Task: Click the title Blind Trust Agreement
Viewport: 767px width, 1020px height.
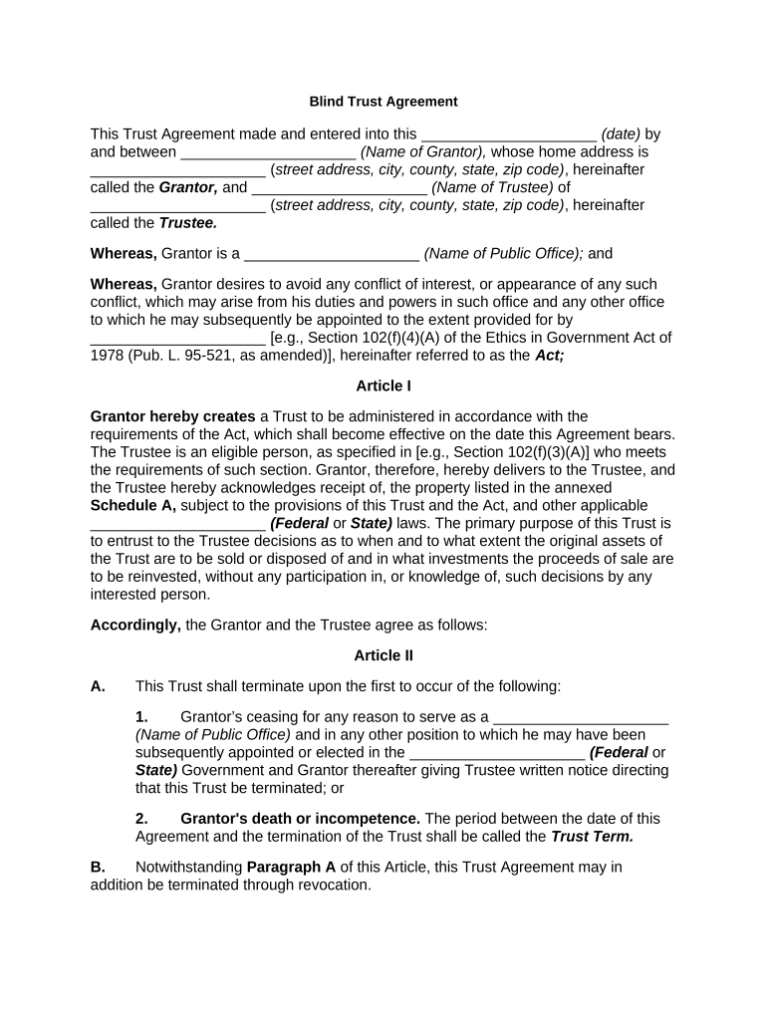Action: pos(383,102)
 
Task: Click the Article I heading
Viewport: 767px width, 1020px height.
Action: pos(383,385)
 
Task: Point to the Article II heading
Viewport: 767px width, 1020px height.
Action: pos(383,655)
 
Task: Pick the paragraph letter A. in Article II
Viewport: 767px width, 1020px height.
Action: pos(98,686)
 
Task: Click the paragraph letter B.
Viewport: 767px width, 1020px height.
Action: pos(98,867)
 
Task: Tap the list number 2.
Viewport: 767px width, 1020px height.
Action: pos(141,819)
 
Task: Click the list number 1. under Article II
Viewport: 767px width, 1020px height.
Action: pos(141,716)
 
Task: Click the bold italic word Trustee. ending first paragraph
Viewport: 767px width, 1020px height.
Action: pos(188,223)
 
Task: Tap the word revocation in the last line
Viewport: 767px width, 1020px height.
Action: pos(330,885)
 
